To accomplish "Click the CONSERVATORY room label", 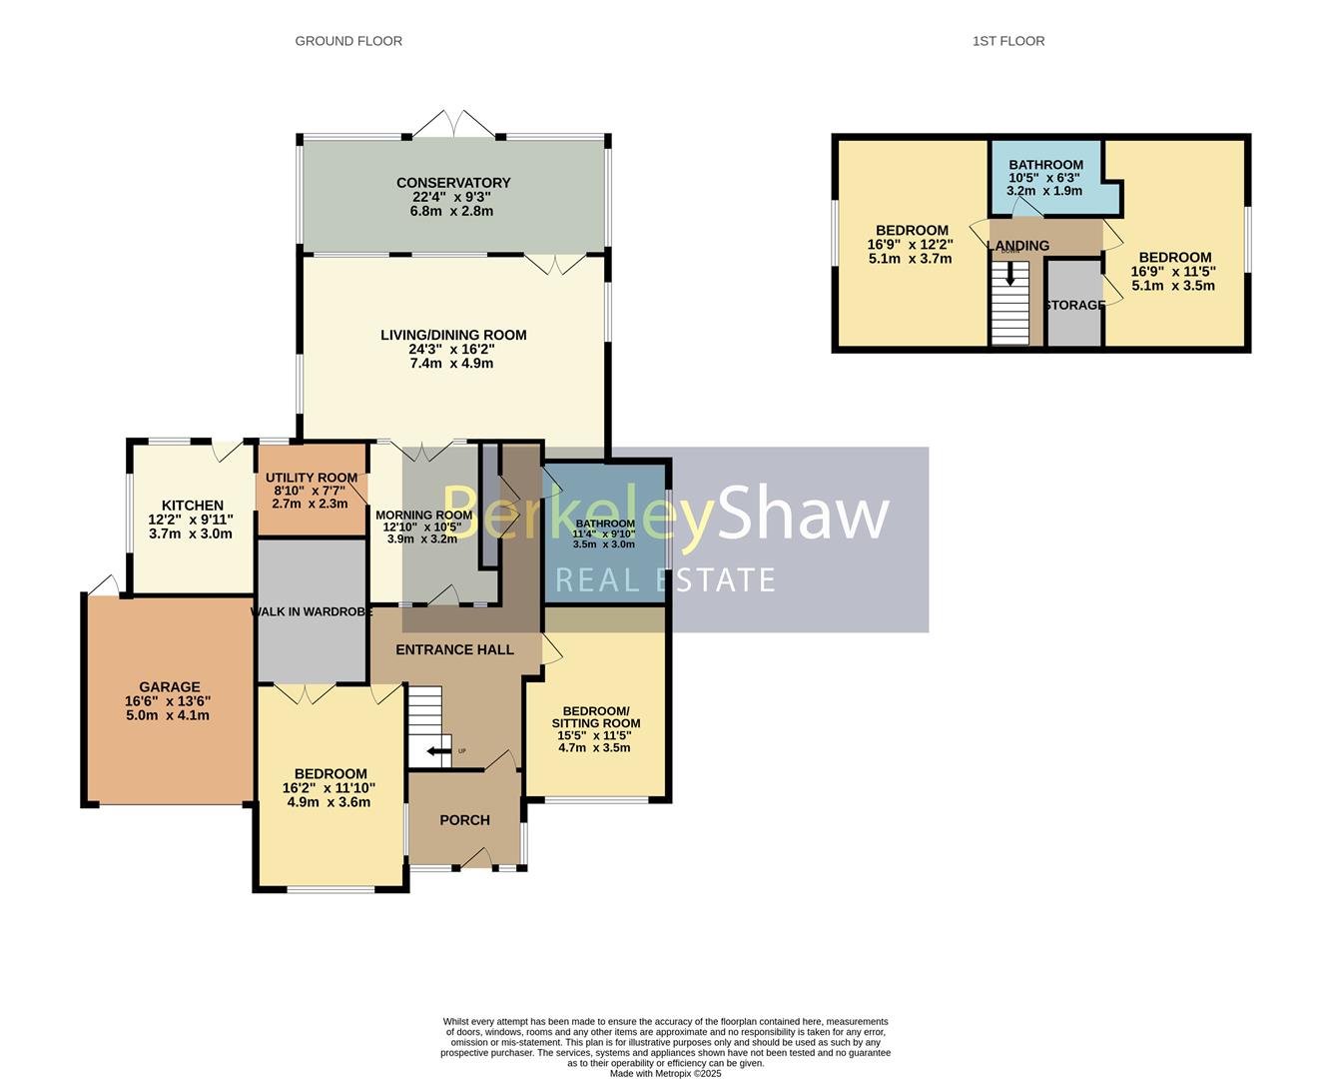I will pos(453,183).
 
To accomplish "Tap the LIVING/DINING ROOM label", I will pos(453,335).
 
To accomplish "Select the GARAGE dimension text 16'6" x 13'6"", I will pos(168,701).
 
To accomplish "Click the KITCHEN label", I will pos(193,506).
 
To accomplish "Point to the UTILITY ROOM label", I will pos(312,478).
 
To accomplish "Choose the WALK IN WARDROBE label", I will pos(312,611).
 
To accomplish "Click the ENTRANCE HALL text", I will pos(454,649).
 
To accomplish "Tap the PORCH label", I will pos(464,820).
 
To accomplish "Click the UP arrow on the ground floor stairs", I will pos(437,751).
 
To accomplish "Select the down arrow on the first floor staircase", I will pos(1010,274).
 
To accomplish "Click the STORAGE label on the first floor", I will pos(1074,305).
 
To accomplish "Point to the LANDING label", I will pos(1017,246).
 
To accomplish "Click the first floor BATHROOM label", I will pos(1045,165).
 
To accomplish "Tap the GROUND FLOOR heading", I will pos(348,41).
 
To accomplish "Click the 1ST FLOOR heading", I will pos(1008,41).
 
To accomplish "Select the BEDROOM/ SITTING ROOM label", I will pos(596,716).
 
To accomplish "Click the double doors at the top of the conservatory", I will pos(454,125).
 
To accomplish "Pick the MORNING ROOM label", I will pos(423,516).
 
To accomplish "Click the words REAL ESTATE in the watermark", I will pos(665,579).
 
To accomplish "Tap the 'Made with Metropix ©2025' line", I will pos(665,1074).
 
